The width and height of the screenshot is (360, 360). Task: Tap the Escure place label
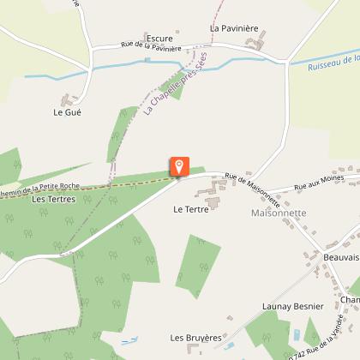point(159,39)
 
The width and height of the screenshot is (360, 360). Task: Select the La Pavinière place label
point(234,27)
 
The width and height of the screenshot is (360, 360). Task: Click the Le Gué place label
point(66,112)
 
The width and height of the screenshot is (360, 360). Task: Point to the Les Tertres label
point(53,199)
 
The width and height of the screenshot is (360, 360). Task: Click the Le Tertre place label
point(190,208)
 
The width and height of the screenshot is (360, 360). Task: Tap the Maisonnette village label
point(279,213)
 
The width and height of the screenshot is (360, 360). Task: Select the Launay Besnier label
point(292,306)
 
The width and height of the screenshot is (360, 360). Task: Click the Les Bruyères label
point(196,338)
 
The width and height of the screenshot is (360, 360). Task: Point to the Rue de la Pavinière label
point(151,47)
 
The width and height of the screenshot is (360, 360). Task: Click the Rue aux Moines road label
point(313,186)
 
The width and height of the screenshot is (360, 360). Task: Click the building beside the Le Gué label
point(69,99)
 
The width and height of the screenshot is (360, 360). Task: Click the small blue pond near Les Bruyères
point(129,341)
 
